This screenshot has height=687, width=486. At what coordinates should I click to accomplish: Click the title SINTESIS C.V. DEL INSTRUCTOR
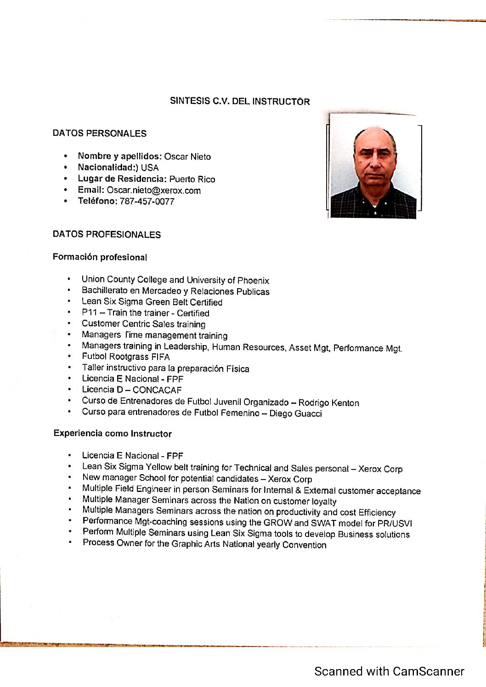(x=240, y=101)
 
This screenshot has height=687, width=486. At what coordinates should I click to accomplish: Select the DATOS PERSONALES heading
(x=99, y=134)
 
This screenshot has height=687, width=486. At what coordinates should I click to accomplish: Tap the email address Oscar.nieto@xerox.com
(x=153, y=190)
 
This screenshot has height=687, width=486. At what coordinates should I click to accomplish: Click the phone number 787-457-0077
(x=147, y=201)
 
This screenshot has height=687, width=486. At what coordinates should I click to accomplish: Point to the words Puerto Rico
(x=192, y=179)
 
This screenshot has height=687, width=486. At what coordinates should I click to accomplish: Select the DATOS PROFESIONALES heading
(x=107, y=235)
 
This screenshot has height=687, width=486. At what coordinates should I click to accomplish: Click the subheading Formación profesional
(x=100, y=257)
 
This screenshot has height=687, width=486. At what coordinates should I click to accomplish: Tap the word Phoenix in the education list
(x=253, y=280)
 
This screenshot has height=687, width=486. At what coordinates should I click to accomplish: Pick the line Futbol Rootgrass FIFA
(x=126, y=357)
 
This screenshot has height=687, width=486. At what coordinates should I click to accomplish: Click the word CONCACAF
(x=157, y=390)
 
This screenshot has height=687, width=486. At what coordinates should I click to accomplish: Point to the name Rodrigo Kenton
(x=328, y=403)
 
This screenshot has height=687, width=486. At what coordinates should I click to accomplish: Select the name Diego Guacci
(x=295, y=413)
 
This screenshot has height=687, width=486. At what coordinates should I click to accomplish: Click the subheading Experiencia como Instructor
(x=113, y=434)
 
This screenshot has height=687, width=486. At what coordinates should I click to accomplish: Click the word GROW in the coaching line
(x=277, y=523)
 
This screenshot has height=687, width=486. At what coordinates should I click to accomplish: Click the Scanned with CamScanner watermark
(x=389, y=671)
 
